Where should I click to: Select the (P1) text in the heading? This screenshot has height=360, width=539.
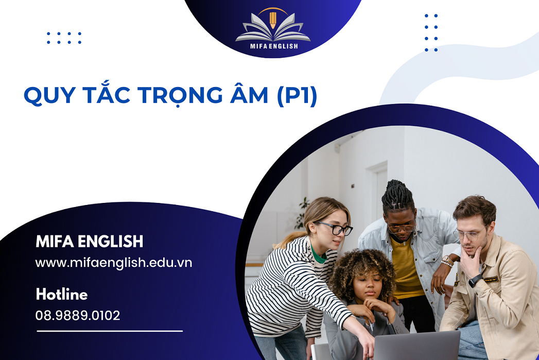tap(297, 96)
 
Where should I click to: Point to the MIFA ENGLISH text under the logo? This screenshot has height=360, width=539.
tap(273, 46)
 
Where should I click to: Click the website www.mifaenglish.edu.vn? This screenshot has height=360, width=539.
tap(113, 263)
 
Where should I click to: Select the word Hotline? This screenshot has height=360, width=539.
tap(62, 295)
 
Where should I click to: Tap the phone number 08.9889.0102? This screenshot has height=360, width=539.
tap(78, 315)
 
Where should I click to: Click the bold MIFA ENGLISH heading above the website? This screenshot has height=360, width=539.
tap(90, 241)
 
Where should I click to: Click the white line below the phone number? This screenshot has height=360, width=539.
tap(110, 331)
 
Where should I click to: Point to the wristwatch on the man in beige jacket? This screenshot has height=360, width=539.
tap(475, 281)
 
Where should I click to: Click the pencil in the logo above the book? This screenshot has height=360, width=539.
tap(273, 20)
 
